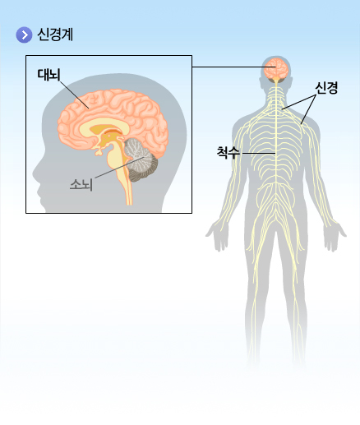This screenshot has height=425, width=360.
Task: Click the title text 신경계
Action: click(55, 35)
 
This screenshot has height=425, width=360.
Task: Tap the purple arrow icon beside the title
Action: click(24, 35)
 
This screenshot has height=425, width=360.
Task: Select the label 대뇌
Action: click(48, 75)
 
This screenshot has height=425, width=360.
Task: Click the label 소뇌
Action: click(81, 184)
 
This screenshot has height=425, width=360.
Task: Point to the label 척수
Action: click(228, 153)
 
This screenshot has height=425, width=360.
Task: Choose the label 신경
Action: click(326, 88)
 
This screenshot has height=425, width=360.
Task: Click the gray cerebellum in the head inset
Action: click(141, 159)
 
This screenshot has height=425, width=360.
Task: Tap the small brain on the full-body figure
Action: click(275, 68)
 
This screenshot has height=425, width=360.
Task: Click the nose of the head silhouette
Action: click(35, 175)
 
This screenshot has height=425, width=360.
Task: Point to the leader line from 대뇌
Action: click(74, 94)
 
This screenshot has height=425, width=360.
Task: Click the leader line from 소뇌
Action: click(119, 168)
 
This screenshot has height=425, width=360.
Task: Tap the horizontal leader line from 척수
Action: click(257, 153)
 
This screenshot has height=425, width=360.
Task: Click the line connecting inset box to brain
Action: click(233, 67)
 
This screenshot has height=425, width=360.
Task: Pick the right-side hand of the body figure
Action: click(335, 237)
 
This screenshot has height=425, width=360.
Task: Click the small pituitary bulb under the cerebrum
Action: click(99, 151)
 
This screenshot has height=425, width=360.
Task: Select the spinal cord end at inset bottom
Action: click(129, 204)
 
